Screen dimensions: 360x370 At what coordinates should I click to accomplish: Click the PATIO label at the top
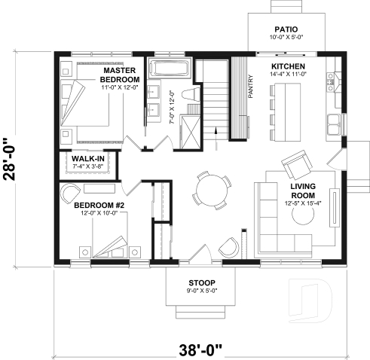[x=284, y=28]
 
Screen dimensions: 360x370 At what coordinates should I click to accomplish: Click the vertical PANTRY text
[x=250, y=87]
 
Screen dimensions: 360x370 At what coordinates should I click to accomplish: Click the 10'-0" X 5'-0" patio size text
[x=284, y=37]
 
